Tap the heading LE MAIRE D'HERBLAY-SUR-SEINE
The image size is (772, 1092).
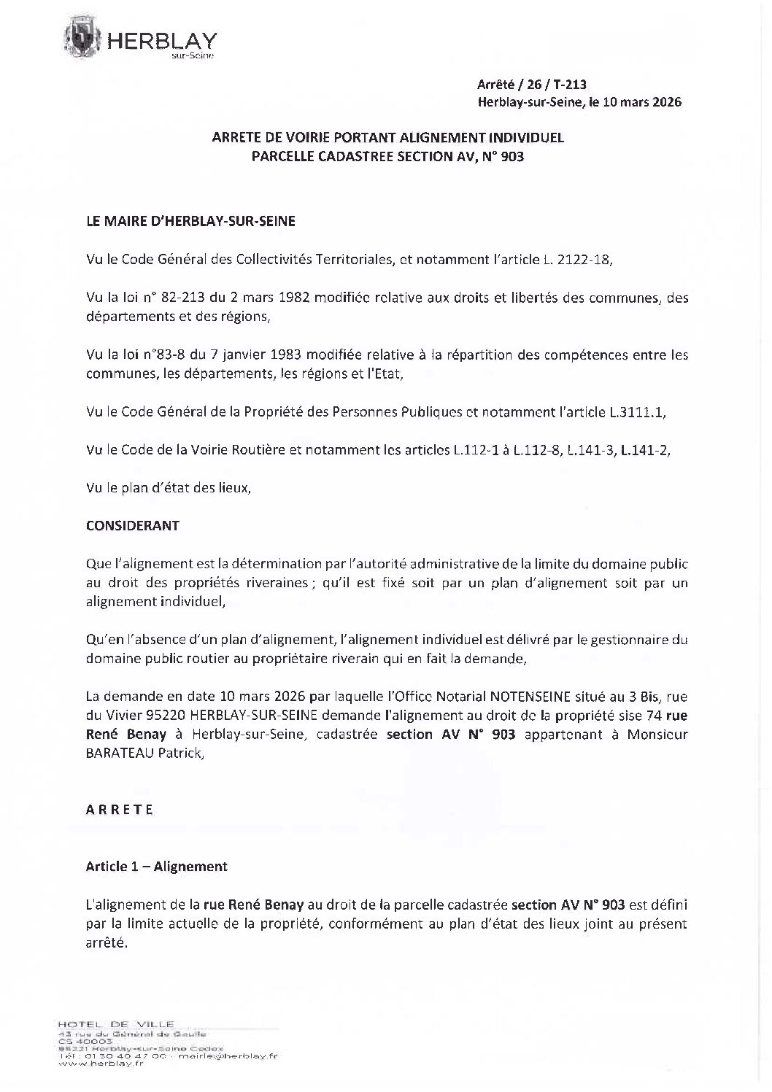(x=190, y=221)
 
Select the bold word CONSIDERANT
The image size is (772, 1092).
(x=132, y=525)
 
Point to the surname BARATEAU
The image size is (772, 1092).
(x=117, y=754)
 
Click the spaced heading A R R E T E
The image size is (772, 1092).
(x=119, y=810)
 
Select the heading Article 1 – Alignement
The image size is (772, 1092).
(x=156, y=866)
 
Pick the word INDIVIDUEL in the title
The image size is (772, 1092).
(x=527, y=136)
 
